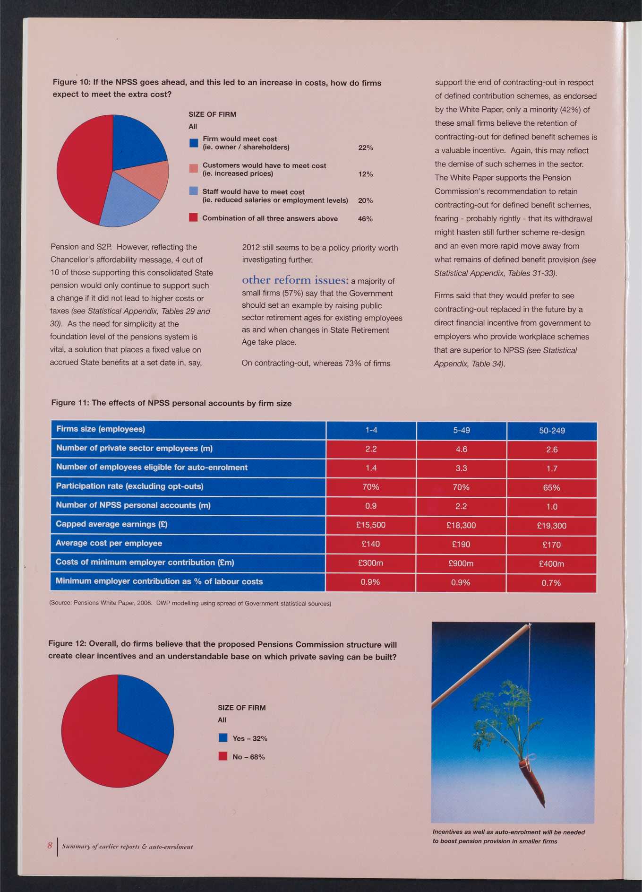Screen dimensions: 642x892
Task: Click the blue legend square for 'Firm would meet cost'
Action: [x=193, y=143]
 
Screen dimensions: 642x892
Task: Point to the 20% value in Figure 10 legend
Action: [x=366, y=200]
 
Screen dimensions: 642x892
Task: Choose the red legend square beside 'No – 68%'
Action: [x=223, y=756]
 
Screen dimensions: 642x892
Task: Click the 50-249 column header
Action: [x=552, y=431]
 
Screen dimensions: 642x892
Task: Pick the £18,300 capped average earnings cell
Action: [x=461, y=525]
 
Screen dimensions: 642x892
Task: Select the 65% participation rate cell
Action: [x=552, y=487]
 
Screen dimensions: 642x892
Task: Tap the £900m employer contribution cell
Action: [x=461, y=563]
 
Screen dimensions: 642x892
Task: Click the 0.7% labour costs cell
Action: [x=551, y=583]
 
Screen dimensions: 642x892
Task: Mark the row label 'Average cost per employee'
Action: [x=109, y=543]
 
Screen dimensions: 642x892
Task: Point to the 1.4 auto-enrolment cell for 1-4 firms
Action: [x=371, y=468]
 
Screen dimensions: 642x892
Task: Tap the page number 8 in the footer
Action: [x=50, y=845]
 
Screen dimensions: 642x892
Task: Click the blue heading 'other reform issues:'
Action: [x=295, y=280]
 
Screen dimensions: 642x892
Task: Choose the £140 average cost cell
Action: [x=371, y=544]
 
